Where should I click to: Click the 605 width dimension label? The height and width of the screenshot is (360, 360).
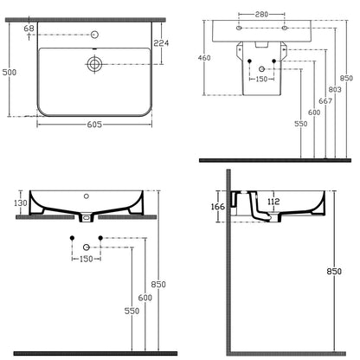94,125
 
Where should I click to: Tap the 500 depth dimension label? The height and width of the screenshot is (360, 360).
10,72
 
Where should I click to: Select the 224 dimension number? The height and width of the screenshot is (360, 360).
161,43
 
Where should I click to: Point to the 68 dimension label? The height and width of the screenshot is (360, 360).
29,29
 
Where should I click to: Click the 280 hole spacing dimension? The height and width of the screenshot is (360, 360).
261,14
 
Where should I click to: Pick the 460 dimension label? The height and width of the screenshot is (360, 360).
204,58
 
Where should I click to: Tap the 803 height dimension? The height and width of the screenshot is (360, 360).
335,90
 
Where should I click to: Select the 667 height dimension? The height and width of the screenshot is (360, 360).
325,101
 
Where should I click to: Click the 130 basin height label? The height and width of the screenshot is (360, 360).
21,203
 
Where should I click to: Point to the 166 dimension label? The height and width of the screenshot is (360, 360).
218,207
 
